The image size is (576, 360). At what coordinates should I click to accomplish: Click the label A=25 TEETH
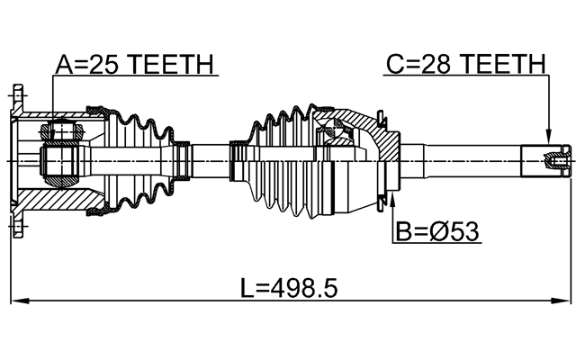click(134, 65)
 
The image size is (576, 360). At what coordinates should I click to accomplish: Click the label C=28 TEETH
click(466, 65)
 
